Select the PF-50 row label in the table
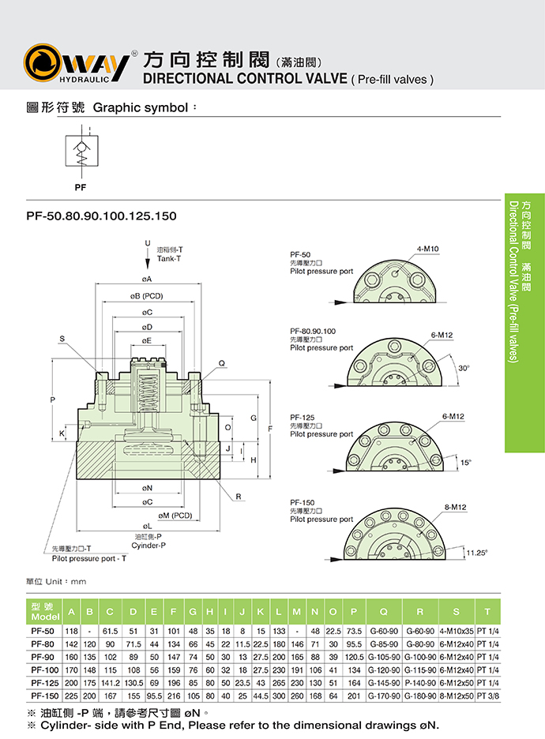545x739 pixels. point(41,632)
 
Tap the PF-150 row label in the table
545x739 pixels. point(41,696)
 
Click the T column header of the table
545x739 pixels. point(487,612)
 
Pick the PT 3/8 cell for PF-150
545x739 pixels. point(487,696)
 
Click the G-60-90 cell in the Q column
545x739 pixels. point(383,632)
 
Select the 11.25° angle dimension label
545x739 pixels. point(476,552)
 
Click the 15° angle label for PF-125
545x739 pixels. point(466,463)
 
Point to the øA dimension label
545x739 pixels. point(147,279)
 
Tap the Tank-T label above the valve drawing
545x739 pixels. point(170,258)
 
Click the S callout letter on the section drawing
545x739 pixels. point(61,339)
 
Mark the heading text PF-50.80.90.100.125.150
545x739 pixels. point(102,216)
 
